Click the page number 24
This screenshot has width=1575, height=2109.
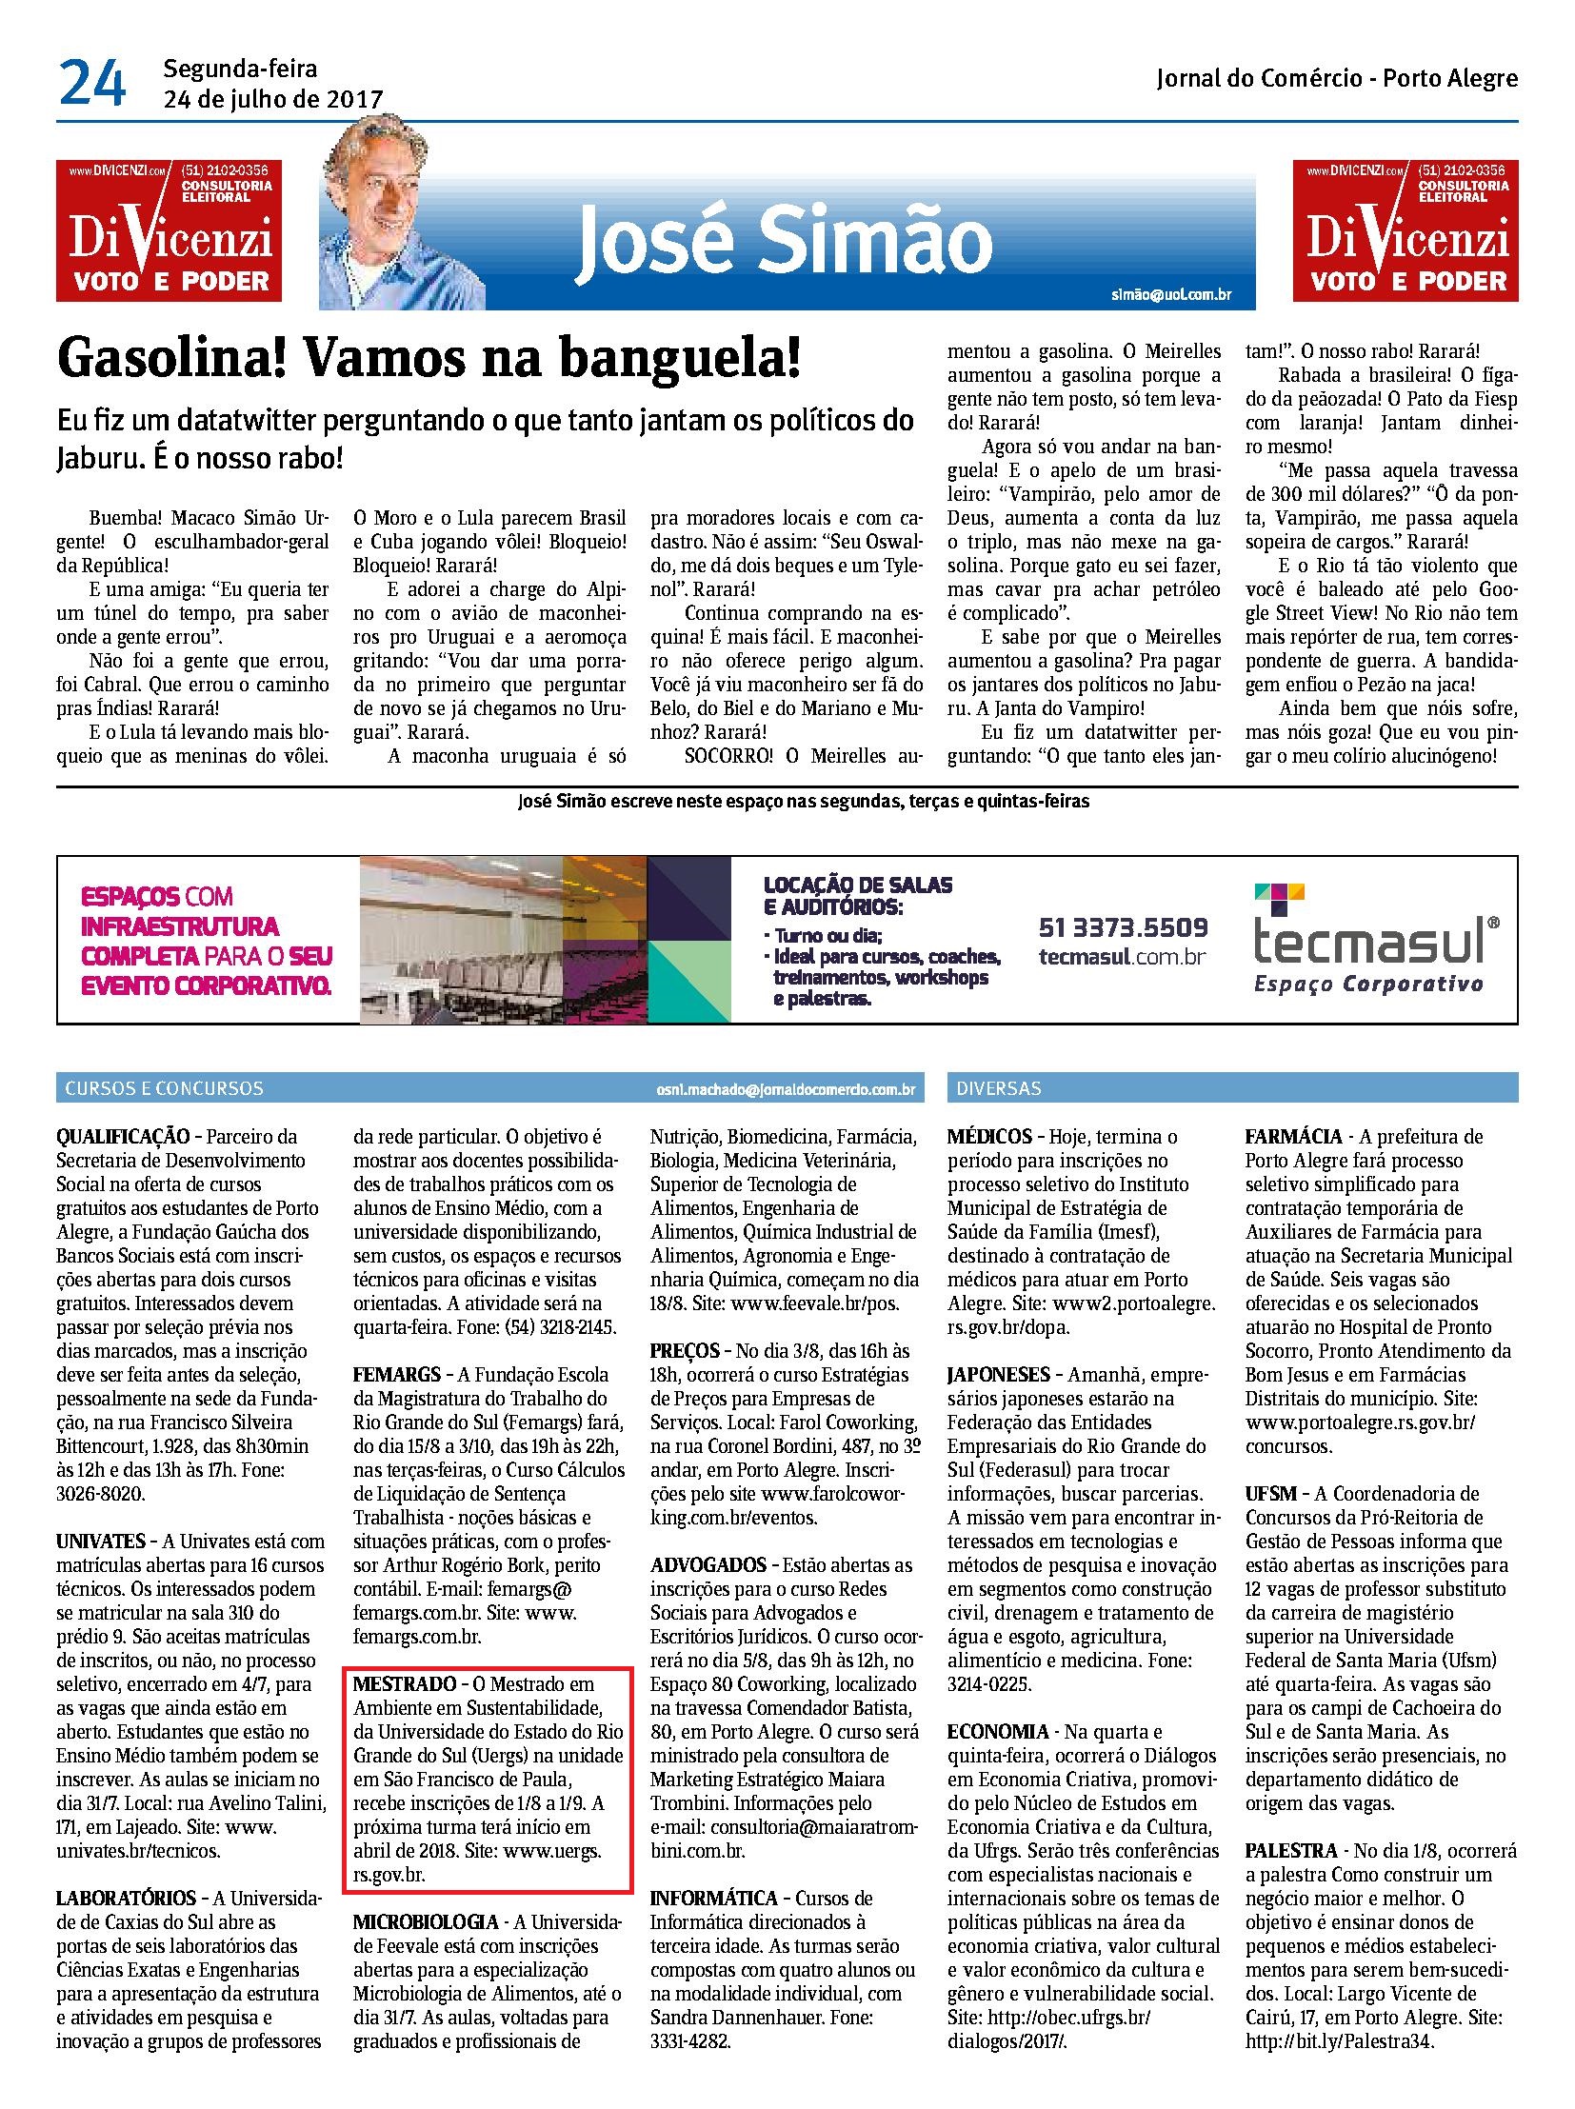click(x=91, y=84)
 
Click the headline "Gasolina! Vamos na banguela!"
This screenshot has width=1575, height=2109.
click(x=429, y=361)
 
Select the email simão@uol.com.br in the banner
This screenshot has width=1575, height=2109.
click(x=1170, y=294)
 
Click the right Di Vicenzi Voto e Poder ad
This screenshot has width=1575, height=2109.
click(x=1406, y=230)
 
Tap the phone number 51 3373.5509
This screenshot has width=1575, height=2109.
click(x=1122, y=926)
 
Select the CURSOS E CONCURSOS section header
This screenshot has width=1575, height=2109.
click(x=164, y=1088)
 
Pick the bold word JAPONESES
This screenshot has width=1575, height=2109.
click(x=998, y=1375)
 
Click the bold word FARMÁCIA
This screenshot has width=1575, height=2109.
click(x=1292, y=1137)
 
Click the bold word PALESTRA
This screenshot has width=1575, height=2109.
click(x=1291, y=1851)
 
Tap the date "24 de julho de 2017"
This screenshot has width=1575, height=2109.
click(x=272, y=99)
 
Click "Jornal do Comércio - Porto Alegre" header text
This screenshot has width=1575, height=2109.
click(x=1337, y=78)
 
